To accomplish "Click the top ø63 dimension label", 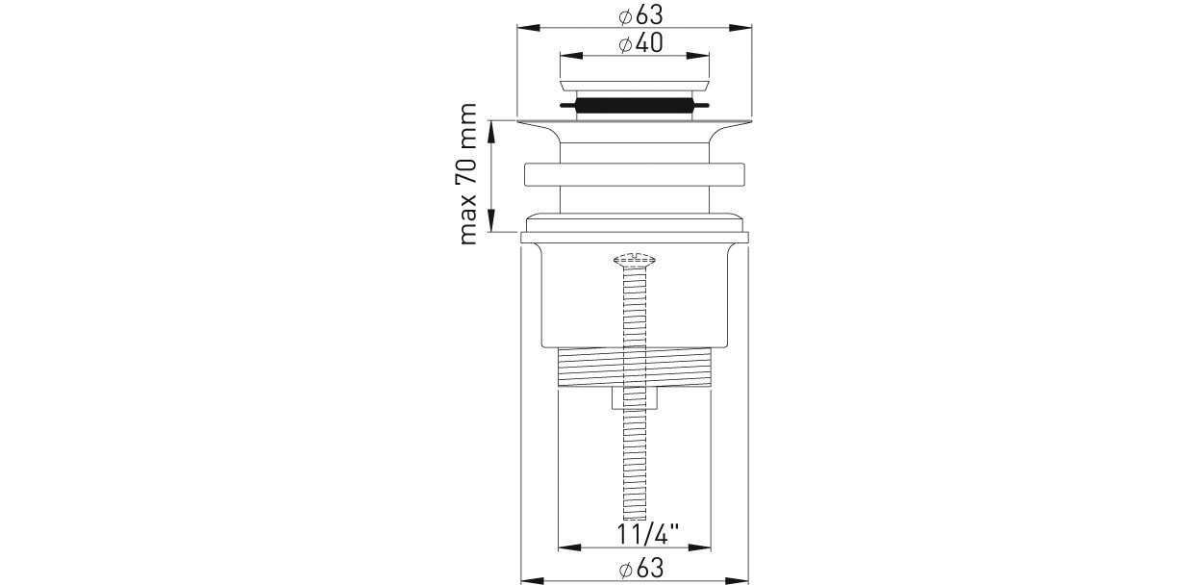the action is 640,15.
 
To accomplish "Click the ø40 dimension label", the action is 640,43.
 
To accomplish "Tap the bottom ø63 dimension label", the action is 640,569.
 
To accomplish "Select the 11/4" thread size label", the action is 647,534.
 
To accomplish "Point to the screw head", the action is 635,259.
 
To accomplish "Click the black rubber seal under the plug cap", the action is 635,105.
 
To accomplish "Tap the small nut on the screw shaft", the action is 635,398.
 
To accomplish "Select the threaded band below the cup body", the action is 635,367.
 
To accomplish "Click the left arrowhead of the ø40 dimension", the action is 571,56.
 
